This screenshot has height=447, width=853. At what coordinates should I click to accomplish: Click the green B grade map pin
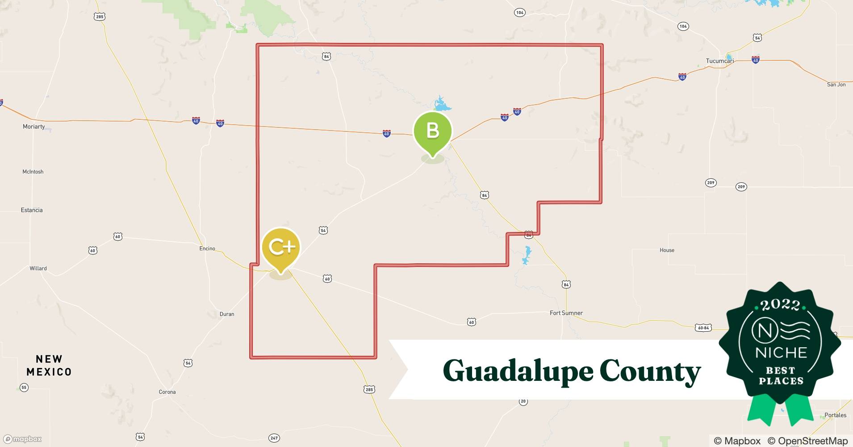point(432,131)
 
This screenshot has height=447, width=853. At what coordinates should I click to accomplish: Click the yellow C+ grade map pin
point(281,247)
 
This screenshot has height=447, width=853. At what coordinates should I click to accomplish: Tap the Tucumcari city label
point(719,61)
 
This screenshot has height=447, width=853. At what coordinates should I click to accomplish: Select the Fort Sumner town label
point(566,313)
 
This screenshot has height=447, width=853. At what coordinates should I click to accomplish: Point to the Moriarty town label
point(34,127)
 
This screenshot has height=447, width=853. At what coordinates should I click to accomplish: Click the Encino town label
point(207,249)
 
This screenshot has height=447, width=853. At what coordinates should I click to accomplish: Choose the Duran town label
point(227,314)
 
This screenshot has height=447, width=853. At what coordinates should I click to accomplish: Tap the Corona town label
point(167,392)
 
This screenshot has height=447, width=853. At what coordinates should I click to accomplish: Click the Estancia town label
point(32,210)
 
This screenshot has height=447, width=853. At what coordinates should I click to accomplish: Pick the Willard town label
point(38,268)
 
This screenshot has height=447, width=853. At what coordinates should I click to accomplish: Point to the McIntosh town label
point(33,172)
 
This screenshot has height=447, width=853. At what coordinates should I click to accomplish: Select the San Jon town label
point(836,84)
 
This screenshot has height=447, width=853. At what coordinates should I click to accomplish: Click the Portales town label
point(835,415)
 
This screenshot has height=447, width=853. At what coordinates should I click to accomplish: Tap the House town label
point(667,250)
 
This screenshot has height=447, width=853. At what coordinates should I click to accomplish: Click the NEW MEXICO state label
point(49,366)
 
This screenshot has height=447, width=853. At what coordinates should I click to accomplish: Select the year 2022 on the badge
point(780,305)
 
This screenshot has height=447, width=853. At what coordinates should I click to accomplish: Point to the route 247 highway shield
point(274,438)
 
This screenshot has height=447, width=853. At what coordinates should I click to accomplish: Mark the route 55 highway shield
point(24,387)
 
